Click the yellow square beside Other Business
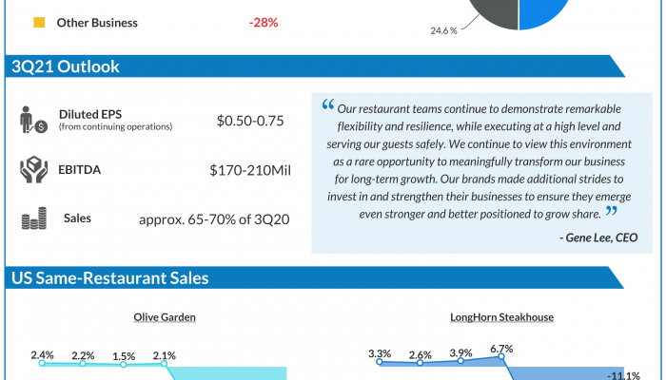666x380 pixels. pos(39,22)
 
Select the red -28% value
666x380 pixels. pos(263,22)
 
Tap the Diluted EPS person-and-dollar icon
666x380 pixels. pos(34,121)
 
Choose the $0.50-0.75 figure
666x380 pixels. pos(250,121)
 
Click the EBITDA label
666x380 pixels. pos(81,170)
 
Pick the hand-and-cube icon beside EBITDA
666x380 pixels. pos(33,171)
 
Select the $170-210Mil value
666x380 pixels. pos(249,171)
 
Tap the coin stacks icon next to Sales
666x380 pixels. pos(34,219)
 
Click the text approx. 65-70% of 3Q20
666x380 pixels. pos(214,220)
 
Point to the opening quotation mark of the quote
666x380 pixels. pos(328,104)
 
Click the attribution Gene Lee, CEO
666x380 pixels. pos(598,237)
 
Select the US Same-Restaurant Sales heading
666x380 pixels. pos(110,278)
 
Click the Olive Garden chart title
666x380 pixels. pos(166,317)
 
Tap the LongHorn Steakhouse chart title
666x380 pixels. pos(501,317)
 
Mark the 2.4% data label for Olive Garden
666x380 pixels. pos(42,355)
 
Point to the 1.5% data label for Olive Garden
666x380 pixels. pos(124,357)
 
